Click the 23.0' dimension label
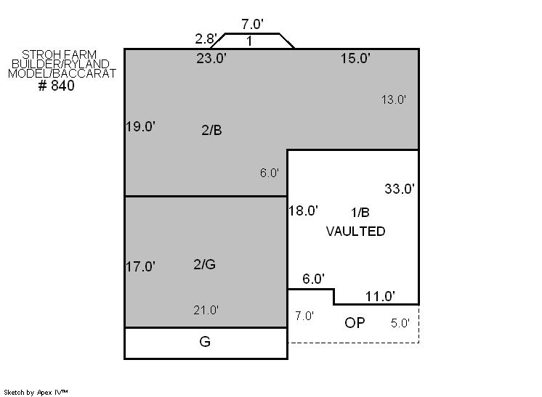(x=211, y=58)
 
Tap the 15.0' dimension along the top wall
(x=356, y=58)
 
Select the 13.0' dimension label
(x=393, y=99)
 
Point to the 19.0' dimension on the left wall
(x=140, y=126)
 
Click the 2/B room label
(x=211, y=130)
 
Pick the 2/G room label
(x=205, y=264)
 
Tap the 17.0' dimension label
(x=140, y=266)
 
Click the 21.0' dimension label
(x=206, y=310)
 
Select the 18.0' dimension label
(x=303, y=210)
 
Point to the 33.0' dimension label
(x=400, y=189)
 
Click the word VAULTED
(x=356, y=231)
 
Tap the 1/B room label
(x=360, y=213)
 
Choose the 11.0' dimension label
(x=380, y=296)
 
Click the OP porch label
(x=355, y=322)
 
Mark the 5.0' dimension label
(x=400, y=323)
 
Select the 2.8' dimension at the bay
(x=206, y=38)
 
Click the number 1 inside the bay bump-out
(x=249, y=41)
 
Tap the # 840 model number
(x=57, y=85)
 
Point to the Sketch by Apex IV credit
(x=36, y=392)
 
